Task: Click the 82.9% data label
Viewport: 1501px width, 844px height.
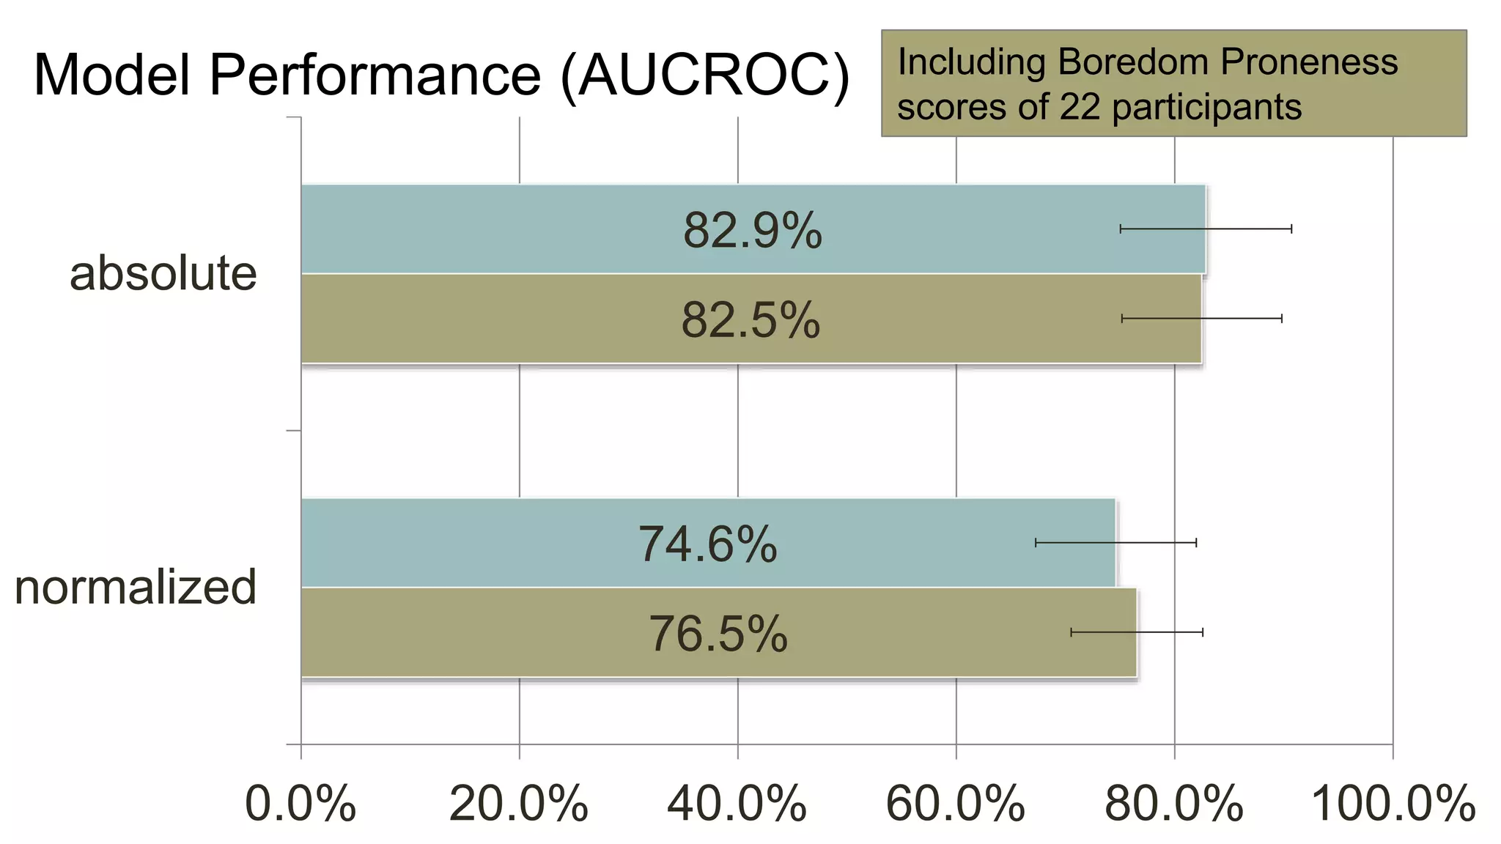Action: [x=752, y=231]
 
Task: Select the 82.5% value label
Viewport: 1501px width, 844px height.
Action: [x=750, y=320]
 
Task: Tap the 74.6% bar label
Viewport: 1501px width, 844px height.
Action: [x=707, y=544]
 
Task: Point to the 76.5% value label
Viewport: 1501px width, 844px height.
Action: [x=718, y=634]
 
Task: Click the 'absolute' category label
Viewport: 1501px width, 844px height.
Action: [x=163, y=273]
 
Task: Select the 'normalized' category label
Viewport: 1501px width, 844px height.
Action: [x=136, y=587]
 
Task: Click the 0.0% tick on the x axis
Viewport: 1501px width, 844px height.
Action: [x=300, y=804]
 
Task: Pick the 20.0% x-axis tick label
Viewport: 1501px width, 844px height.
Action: [x=518, y=804]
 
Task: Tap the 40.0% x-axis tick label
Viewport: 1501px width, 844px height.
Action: [x=737, y=804]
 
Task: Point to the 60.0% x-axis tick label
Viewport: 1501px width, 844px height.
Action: [x=955, y=804]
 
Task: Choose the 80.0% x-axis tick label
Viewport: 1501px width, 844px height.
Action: [x=1173, y=804]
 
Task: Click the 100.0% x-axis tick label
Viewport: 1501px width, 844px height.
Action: [x=1393, y=804]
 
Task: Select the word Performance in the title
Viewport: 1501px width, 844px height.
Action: [x=375, y=75]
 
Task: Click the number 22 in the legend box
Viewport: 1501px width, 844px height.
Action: [x=1080, y=107]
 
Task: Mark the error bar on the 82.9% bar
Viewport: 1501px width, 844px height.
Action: [x=1206, y=229]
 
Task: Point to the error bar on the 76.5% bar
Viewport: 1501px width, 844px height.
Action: [x=1137, y=632]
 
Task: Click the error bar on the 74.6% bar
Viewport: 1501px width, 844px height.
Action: [x=1115, y=543]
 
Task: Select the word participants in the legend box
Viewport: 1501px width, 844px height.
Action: [x=1206, y=108]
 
